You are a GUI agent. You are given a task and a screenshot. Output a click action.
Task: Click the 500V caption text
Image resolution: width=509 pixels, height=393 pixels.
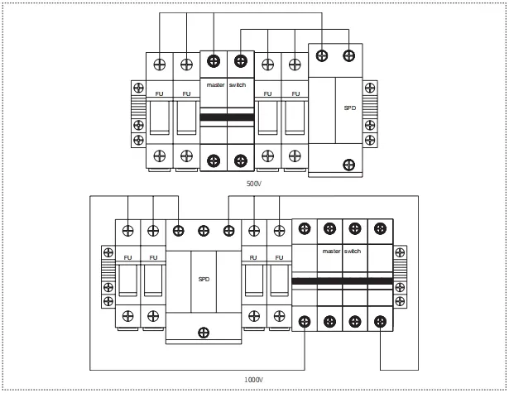point(254,184)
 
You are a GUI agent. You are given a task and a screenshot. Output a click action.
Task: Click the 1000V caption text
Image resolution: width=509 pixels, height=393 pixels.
point(253,380)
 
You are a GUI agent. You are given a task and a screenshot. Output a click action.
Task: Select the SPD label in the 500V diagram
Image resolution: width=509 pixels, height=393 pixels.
point(350,108)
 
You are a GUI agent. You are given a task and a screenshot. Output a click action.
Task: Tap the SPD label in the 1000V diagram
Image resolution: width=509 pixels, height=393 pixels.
point(204,279)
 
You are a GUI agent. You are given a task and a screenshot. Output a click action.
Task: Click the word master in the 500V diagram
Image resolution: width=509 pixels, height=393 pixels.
point(215,85)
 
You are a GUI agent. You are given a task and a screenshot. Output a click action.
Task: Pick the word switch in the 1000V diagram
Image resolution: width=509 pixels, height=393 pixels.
point(353,252)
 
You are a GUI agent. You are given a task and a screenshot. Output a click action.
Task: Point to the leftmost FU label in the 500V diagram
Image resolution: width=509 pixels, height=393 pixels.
point(159,93)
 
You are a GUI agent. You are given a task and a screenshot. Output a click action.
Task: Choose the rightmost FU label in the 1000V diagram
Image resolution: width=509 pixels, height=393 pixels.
point(279,257)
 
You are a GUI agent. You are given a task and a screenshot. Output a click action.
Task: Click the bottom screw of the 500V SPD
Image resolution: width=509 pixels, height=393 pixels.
point(349,165)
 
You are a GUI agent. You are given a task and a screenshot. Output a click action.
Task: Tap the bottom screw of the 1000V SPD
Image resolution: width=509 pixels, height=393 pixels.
point(204,333)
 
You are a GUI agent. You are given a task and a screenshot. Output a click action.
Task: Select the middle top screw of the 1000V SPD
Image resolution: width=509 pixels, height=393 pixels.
point(204,231)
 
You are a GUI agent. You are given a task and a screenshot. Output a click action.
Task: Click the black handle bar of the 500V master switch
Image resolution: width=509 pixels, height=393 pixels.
point(227,117)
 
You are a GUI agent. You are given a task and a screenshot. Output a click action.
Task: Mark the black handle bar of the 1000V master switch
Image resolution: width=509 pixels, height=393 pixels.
point(343,281)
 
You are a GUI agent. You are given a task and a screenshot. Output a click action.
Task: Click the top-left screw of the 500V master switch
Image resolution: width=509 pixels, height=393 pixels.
point(214,61)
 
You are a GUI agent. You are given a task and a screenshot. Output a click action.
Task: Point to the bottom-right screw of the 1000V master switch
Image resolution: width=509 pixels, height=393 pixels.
point(380,322)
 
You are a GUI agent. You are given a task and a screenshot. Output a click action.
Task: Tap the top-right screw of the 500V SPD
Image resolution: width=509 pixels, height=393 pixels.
point(349,55)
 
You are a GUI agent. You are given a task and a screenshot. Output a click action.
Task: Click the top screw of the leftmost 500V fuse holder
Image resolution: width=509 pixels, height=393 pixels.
point(160,65)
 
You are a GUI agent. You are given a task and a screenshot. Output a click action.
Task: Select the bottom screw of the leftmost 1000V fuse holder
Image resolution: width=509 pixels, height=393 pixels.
point(128,316)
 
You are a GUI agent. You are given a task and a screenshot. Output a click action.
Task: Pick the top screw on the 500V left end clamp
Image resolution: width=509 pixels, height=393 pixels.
point(138,88)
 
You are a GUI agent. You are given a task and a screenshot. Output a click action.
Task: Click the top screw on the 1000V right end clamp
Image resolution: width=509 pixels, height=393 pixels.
point(400,252)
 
